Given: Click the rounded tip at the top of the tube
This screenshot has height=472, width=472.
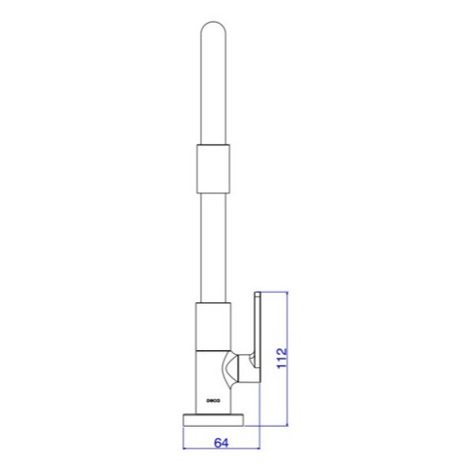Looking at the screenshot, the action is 213,23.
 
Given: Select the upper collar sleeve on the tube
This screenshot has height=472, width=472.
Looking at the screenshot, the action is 213,168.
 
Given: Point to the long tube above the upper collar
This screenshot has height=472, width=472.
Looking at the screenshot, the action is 213,82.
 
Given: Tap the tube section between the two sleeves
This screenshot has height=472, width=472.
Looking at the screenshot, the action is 213,247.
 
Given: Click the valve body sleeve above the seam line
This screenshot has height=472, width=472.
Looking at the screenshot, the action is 213,326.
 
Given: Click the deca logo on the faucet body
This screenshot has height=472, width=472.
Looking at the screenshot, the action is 213,400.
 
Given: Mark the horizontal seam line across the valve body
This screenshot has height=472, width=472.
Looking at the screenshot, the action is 213,350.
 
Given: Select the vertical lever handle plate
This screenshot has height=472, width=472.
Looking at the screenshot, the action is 258,337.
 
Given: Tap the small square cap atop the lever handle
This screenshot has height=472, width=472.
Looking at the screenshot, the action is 258,295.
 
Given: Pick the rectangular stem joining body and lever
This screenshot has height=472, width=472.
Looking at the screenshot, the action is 244,368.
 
